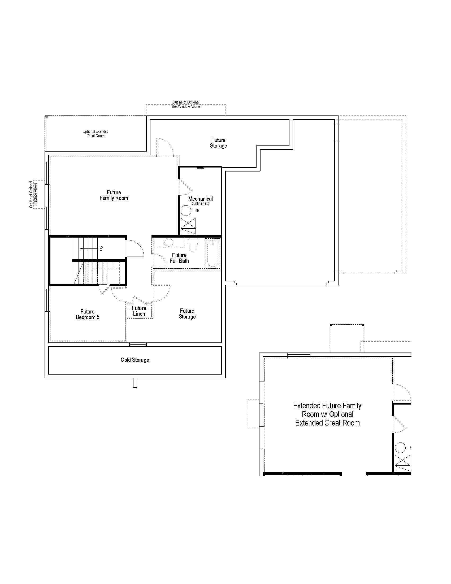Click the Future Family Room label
114,195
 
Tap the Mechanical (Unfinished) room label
200,200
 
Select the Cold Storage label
135,360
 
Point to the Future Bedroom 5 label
87,315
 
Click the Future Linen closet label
139,311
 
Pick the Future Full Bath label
179,258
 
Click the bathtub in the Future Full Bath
213,254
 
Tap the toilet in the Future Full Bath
193,245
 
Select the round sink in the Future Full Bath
168,243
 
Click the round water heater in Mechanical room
186,211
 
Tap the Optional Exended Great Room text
96,134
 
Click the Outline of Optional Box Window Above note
186,104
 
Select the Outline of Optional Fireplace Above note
33,194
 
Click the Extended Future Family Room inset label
327,414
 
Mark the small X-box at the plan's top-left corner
46,117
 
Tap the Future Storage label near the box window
218,143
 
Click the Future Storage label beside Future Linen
187,314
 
